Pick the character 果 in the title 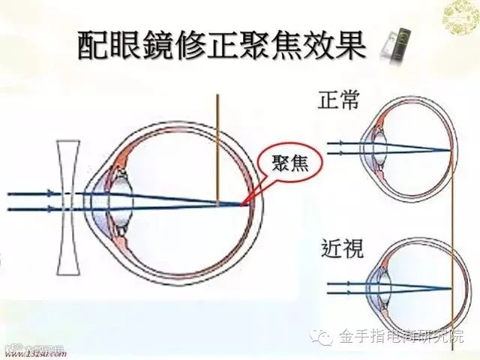(x=351, y=46)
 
